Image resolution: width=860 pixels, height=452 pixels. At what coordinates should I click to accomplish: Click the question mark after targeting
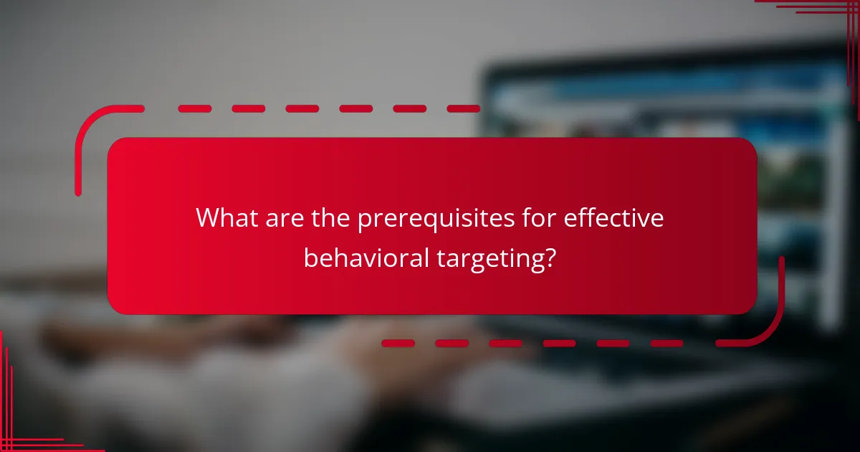[549, 257]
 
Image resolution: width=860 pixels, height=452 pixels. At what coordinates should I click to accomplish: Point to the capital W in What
[208, 218]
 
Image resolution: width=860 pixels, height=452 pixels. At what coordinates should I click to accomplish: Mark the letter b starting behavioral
[310, 256]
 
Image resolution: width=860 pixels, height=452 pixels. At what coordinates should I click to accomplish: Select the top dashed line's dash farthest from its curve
[463, 109]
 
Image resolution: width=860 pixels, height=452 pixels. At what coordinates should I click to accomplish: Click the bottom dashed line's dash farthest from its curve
[398, 343]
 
